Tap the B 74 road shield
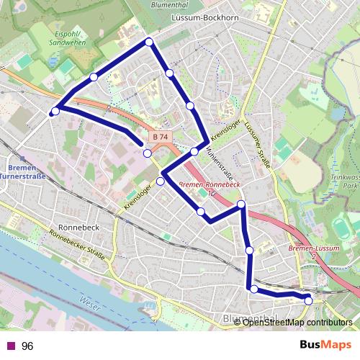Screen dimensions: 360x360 point(160,136)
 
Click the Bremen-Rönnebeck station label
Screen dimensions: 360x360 point(208,184)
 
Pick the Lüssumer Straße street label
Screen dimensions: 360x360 point(257,144)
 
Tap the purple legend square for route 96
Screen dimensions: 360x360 point(9,346)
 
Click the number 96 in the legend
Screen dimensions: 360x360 point(27,346)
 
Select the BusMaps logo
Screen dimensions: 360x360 point(325,346)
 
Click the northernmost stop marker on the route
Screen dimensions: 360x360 point(149,42)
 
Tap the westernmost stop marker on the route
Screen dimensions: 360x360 point(55,111)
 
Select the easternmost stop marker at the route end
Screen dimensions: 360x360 point(308,300)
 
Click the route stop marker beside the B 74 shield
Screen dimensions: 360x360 point(147,153)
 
